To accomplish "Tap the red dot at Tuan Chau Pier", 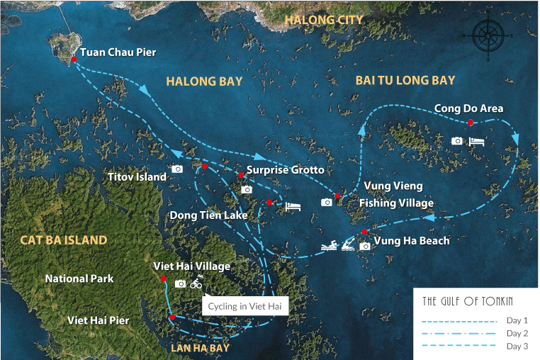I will pyautogui.click(x=74, y=59).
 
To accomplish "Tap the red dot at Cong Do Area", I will pyautogui.click(x=471, y=123).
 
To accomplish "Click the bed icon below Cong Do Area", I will pyautogui.click(x=478, y=141).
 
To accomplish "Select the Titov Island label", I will pyautogui.click(x=137, y=176).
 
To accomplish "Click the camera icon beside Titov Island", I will pyautogui.click(x=177, y=169).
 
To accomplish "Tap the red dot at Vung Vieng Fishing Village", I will pyautogui.click(x=337, y=196).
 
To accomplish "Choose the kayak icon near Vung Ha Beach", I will pyautogui.click(x=347, y=246).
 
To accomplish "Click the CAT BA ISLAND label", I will pyautogui.click(x=64, y=240).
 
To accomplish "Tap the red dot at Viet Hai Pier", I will pyautogui.click(x=172, y=317).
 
